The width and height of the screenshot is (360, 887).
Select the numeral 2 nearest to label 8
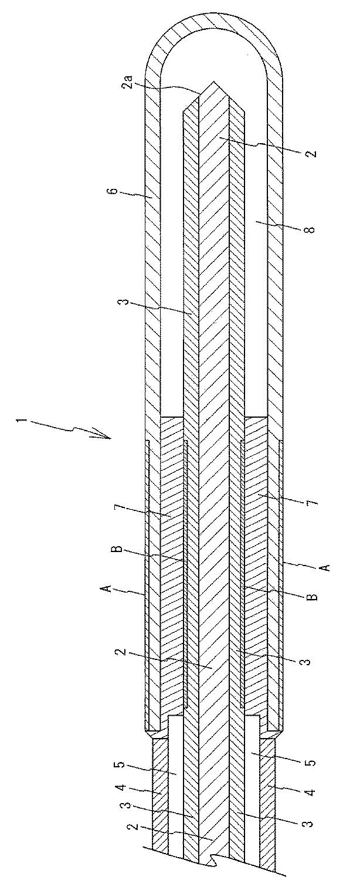click(x=310, y=154)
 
